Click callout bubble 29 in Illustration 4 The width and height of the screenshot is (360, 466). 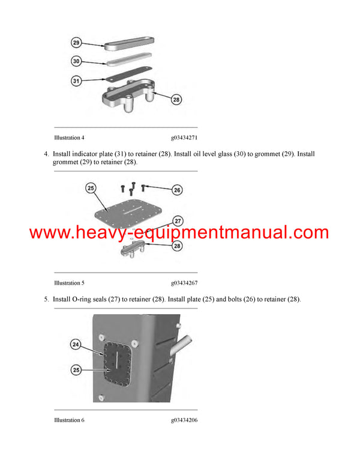tap(76, 43)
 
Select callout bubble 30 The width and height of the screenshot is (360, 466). tap(76, 61)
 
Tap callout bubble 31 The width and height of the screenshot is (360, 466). tap(76, 80)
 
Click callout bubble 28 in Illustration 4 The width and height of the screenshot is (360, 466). tap(176, 100)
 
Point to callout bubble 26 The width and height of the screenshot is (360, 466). tap(177, 190)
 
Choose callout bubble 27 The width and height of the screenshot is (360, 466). tap(177, 220)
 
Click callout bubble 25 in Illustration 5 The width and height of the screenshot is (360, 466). tap(91, 189)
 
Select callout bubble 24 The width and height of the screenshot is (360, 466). tap(76, 345)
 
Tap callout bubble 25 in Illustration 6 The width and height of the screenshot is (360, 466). tap(76, 371)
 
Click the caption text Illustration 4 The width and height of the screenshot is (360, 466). tap(69, 138)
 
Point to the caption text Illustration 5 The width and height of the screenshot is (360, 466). tap(69, 283)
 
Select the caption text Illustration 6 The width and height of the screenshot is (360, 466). tap(69, 420)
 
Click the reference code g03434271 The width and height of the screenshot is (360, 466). tap(184, 138)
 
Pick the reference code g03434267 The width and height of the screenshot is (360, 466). tap(184, 283)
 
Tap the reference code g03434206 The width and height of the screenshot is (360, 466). tap(184, 420)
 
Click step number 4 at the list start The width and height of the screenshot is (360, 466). tap(46, 154)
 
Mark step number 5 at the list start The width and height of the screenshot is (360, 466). tap(46, 299)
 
